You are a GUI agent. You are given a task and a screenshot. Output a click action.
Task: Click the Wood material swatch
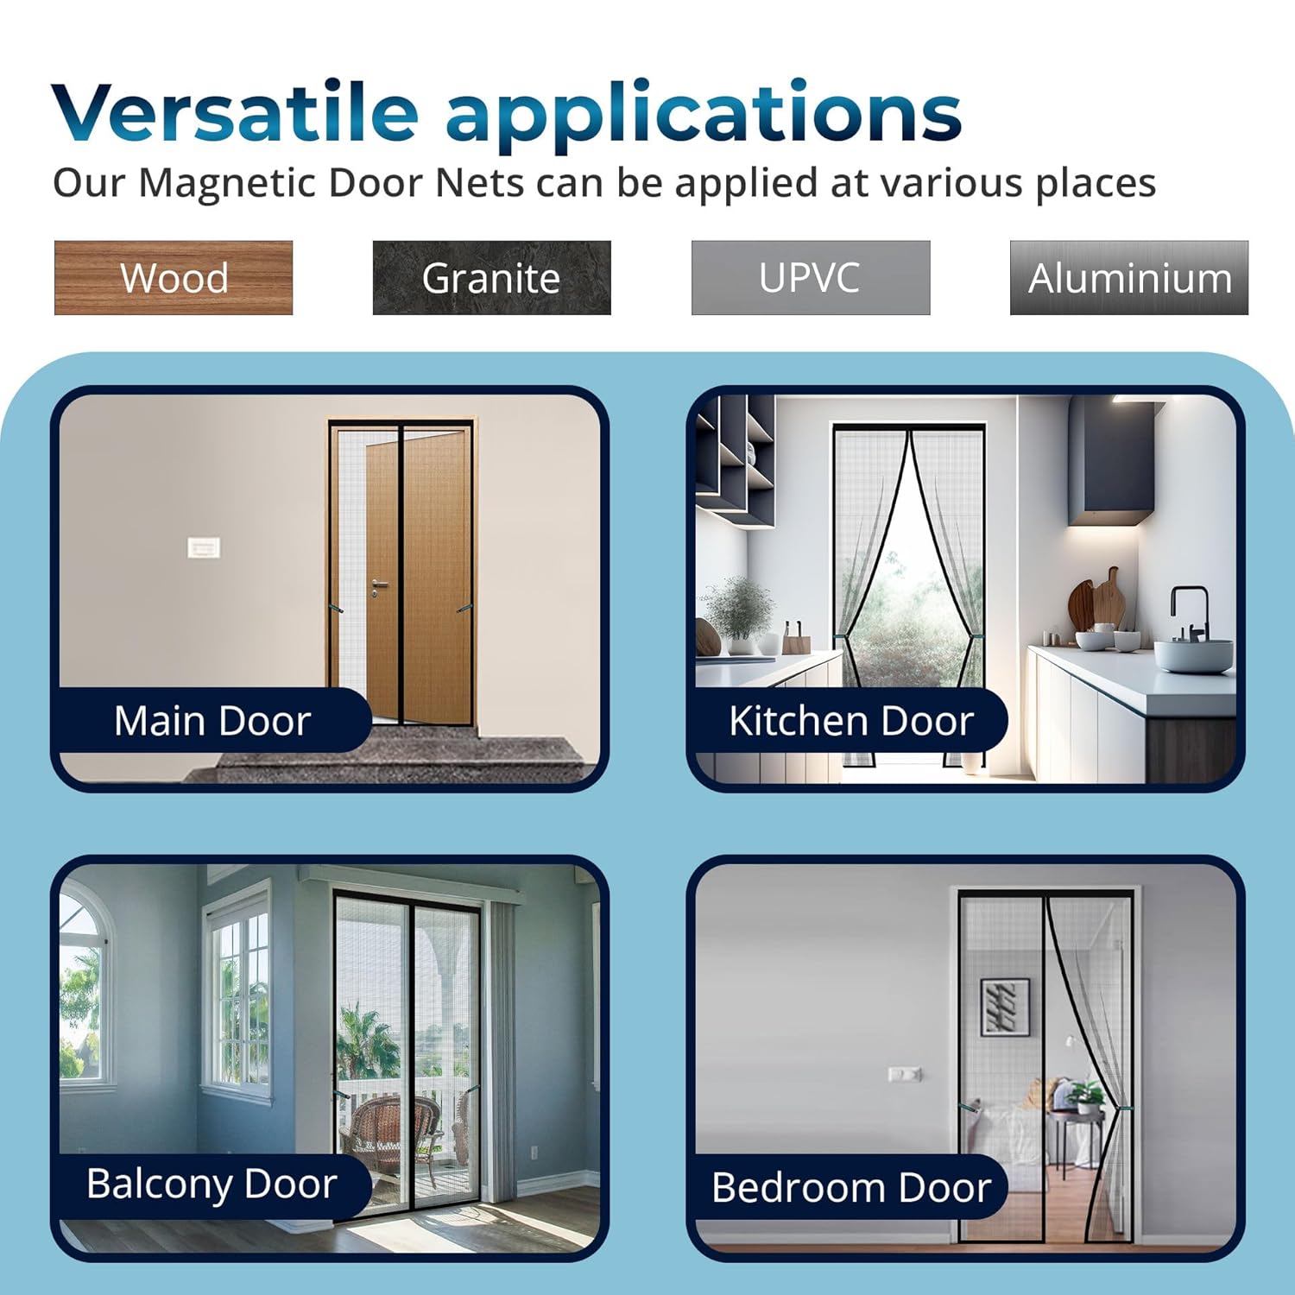(174, 278)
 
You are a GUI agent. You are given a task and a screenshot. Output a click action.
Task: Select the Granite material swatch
(491, 278)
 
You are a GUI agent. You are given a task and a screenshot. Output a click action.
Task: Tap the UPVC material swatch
(810, 278)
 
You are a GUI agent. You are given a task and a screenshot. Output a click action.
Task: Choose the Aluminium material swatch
(1129, 278)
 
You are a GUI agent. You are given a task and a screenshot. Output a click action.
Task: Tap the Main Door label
(212, 720)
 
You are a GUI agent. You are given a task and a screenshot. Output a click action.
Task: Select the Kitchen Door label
(850, 720)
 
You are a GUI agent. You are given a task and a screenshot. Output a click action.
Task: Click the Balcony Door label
(212, 1183)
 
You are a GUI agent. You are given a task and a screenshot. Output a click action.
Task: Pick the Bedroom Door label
(850, 1187)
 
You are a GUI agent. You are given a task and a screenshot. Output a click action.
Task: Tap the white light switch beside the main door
(204, 547)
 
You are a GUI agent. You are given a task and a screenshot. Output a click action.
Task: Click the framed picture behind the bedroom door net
(1005, 1007)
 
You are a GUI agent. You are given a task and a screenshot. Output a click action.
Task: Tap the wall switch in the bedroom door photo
(905, 1074)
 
